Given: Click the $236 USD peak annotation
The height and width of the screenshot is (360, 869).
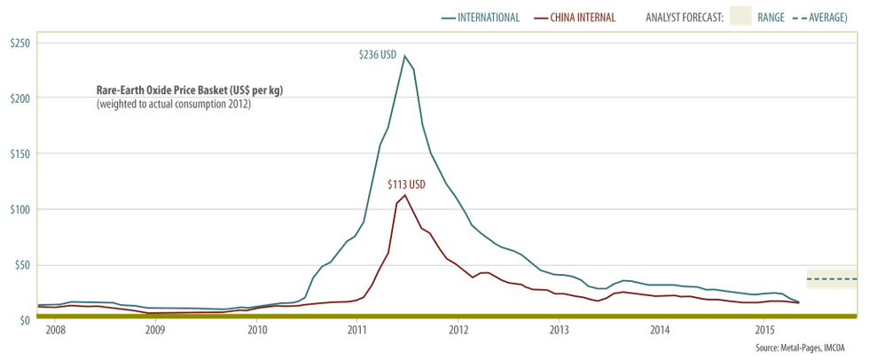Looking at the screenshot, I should click(375, 56).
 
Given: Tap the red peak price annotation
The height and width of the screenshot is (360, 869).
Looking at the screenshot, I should click(408, 184).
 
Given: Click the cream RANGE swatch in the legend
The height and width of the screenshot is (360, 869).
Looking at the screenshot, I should click(740, 17).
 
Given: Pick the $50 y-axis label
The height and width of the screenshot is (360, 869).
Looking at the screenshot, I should click(20, 264).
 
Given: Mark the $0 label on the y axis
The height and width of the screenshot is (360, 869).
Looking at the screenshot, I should click(22, 319).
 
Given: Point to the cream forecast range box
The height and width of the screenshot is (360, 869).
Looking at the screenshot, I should click(832, 278).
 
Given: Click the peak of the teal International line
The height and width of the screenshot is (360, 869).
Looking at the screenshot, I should click(404, 56).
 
